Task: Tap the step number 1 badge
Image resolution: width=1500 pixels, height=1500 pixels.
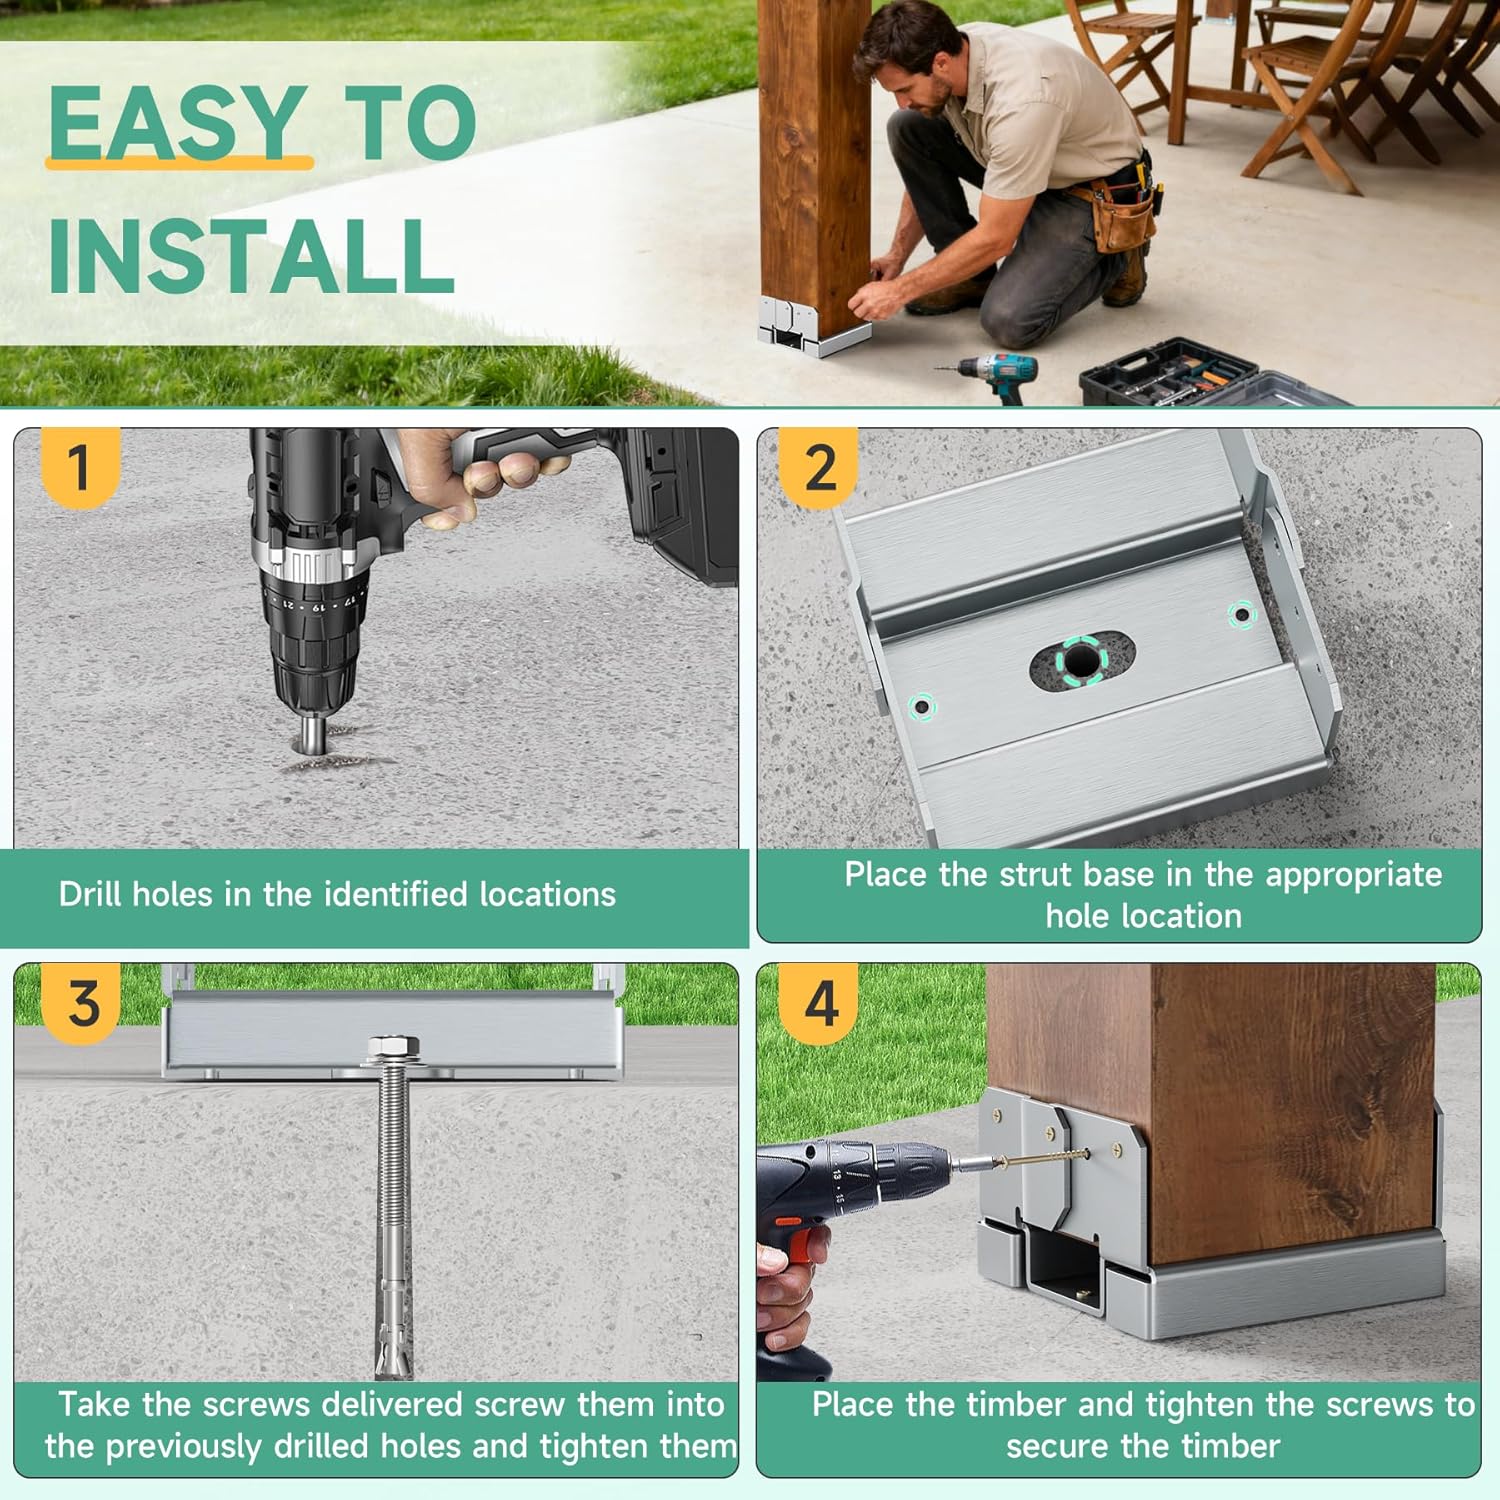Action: [x=79, y=467]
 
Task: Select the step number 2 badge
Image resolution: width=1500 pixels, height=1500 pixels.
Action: [x=819, y=467]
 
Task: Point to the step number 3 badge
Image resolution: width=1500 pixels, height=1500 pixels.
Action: [x=83, y=1003]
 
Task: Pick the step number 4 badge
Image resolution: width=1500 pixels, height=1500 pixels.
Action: [x=820, y=1003]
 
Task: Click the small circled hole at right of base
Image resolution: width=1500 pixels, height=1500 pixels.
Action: [x=1240, y=614]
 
